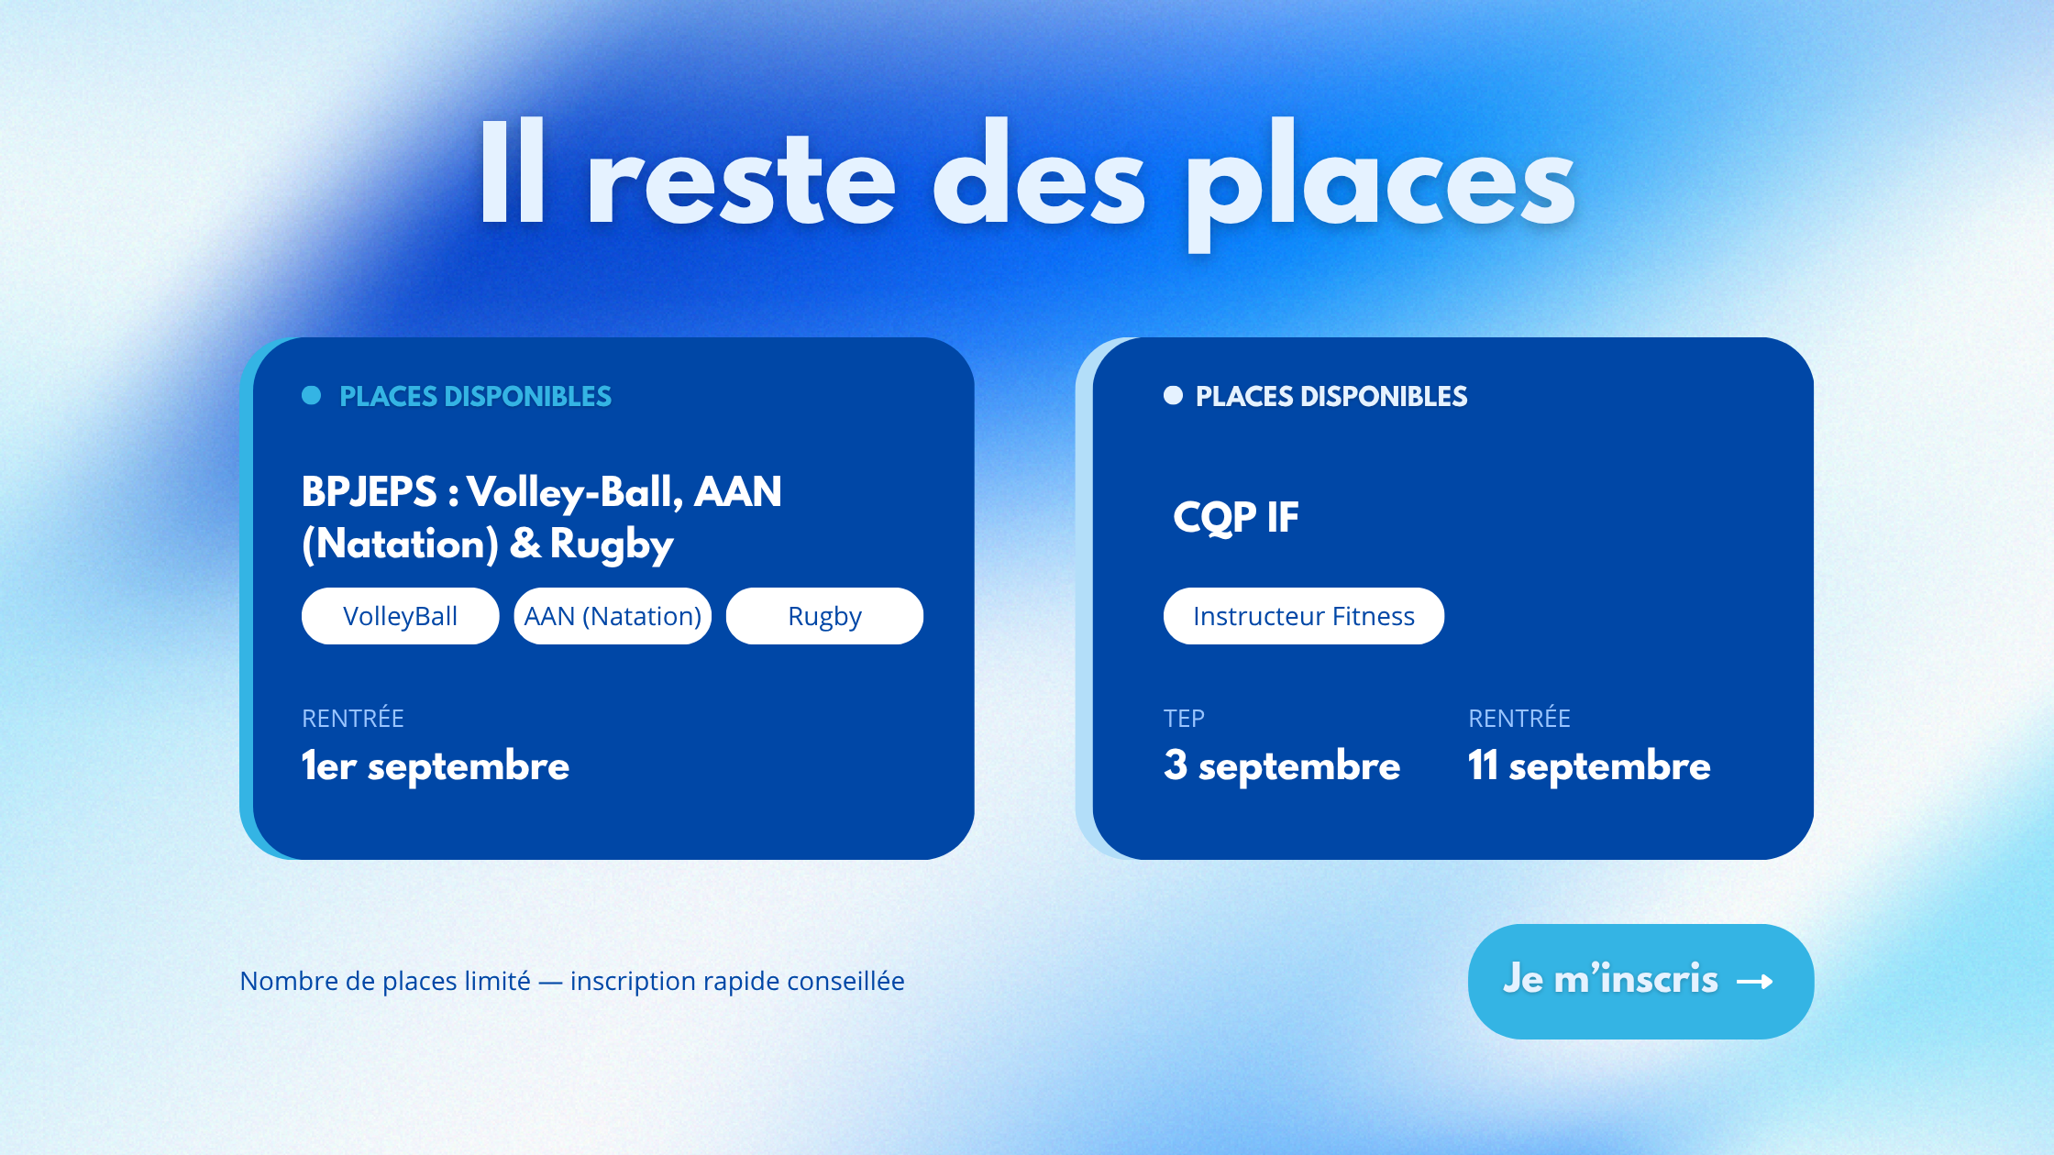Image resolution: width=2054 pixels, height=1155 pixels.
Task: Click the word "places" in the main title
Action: pyautogui.click(x=1381, y=183)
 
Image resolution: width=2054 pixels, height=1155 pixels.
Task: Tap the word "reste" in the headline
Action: pyautogui.click(x=741, y=179)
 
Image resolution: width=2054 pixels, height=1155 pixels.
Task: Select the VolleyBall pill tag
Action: pyautogui.click(x=401, y=616)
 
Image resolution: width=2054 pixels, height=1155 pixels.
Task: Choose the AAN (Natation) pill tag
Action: pyautogui.click(x=613, y=616)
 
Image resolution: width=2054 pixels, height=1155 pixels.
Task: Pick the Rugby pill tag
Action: pyautogui.click(x=824, y=616)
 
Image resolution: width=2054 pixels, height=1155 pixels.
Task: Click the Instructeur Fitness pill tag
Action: pyautogui.click(x=1304, y=616)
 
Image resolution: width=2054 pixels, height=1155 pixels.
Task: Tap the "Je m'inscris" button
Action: pyautogui.click(x=1640, y=981)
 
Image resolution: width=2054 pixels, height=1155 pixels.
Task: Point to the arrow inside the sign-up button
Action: pyautogui.click(x=1755, y=982)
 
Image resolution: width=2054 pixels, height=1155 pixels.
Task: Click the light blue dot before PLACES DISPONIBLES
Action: pyautogui.click(x=312, y=395)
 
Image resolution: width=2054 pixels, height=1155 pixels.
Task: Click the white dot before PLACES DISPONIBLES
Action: pyautogui.click(x=1173, y=395)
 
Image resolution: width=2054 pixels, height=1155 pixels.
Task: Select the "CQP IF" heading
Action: pyautogui.click(x=1236, y=517)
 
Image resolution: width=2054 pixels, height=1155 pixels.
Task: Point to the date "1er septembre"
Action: pyautogui.click(x=436, y=765)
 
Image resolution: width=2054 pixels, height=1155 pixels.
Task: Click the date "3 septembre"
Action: pyautogui.click(x=1282, y=765)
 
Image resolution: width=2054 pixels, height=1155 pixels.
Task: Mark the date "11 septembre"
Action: pyautogui.click(x=1589, y=765)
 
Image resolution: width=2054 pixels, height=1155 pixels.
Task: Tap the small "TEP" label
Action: pyautogui.click(x=1184, y=719)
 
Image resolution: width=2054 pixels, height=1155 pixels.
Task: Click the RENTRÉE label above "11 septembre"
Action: pyautogui.click(x=1519, y=718)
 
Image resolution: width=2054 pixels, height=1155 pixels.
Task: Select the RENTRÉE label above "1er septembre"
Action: pyautogui.click(x=353, y=718)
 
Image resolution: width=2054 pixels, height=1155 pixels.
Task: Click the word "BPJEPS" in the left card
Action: pyautogui.click(x=370, y=492)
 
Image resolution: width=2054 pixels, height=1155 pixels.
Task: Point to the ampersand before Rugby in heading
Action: pyautogui.click(x=525, y=544)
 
